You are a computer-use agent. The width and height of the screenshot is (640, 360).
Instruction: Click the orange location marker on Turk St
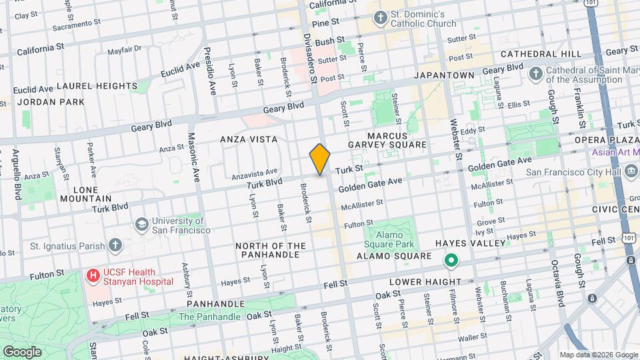320,159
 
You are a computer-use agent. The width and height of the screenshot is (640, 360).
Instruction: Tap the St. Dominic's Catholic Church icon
381,18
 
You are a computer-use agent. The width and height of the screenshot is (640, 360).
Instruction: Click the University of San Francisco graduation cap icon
141,225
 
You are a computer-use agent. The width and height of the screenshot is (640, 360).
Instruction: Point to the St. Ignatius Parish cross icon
115,245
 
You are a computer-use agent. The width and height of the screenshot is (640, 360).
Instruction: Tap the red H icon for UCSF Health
91,275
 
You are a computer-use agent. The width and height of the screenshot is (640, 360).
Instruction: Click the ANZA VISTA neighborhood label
249,139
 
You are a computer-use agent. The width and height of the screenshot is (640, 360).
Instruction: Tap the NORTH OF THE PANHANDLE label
271,250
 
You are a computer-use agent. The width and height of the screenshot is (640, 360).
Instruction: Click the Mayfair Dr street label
125,49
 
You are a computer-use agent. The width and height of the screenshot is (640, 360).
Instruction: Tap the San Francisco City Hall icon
629,171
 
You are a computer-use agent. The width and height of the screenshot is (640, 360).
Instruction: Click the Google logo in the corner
22,351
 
